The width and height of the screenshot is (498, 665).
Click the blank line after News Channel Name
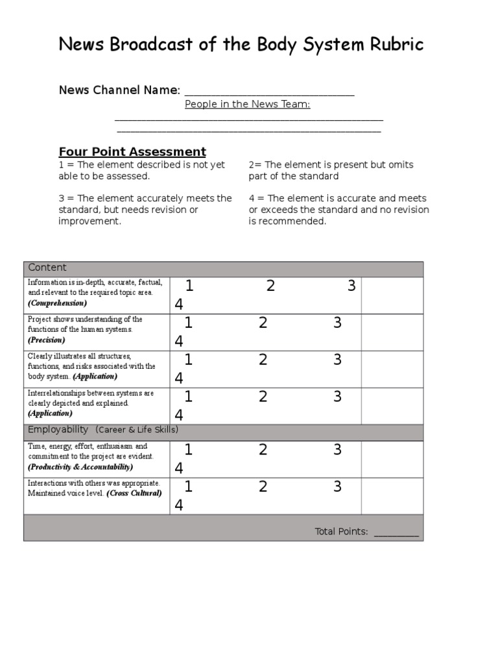point(270,92)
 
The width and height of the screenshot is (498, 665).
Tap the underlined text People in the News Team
point(247,105)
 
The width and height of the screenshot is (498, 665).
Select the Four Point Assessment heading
point(132,152)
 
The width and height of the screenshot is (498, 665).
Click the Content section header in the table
point(47,268)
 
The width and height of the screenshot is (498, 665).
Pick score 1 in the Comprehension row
point(189,286)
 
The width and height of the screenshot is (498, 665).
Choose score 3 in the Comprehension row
point(351,286)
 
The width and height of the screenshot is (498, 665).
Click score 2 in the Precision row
point(263,323)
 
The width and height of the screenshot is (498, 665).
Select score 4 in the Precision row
point(179,342)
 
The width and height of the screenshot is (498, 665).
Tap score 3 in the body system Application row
point(337,360)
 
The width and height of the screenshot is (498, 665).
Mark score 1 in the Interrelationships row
point(188,397)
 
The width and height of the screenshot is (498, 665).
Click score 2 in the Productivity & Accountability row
point(263,449)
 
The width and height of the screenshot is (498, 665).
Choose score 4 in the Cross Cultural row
point(179,505)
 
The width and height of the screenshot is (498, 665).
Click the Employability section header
point(58,430)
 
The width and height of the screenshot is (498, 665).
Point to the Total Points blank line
point(397,533)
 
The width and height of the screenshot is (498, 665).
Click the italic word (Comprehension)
point(57,303)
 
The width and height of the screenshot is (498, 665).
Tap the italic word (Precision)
point(47,340)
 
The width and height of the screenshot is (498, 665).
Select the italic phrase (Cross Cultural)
point(134,494)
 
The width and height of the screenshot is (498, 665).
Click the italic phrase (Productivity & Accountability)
point(80,467)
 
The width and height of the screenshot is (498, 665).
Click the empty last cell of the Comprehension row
point(392,295)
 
